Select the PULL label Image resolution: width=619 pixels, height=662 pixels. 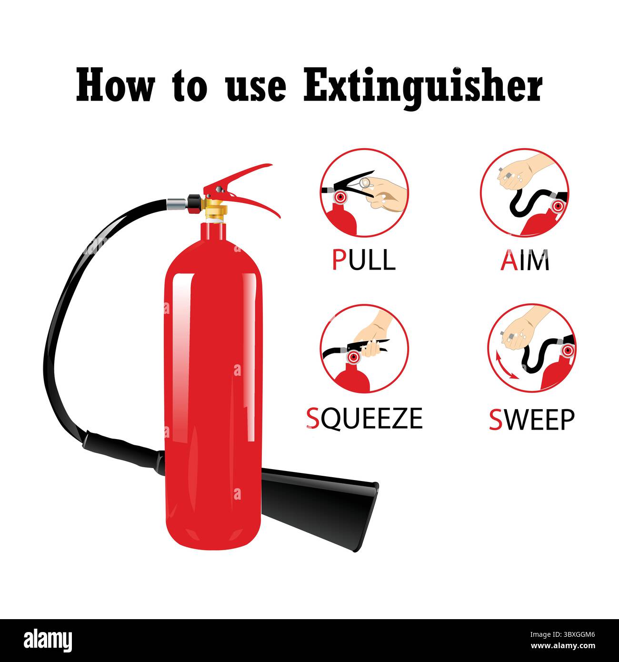[364, 260]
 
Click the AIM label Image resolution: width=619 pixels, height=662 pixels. [525, 260]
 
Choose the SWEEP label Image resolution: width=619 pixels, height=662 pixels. [532, 419]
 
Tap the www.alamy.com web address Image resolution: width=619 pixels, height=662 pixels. [563, 646]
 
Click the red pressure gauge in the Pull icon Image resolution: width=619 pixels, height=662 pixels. [340, 197]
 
